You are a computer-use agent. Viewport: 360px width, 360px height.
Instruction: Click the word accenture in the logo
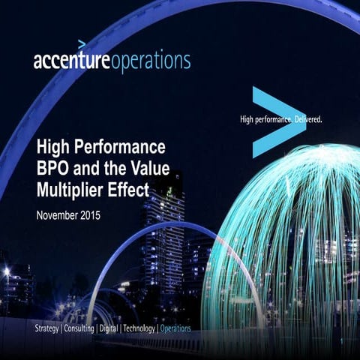point(71,61)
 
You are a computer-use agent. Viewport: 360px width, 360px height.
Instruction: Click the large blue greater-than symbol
point(275,120)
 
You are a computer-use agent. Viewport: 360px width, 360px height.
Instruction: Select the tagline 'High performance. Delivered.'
point(280,118)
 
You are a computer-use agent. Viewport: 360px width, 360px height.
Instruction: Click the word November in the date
point(62,215)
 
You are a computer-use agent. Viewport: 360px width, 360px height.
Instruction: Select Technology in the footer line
point(137,328)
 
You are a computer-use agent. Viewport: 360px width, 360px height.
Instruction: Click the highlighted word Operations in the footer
point(175,328)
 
